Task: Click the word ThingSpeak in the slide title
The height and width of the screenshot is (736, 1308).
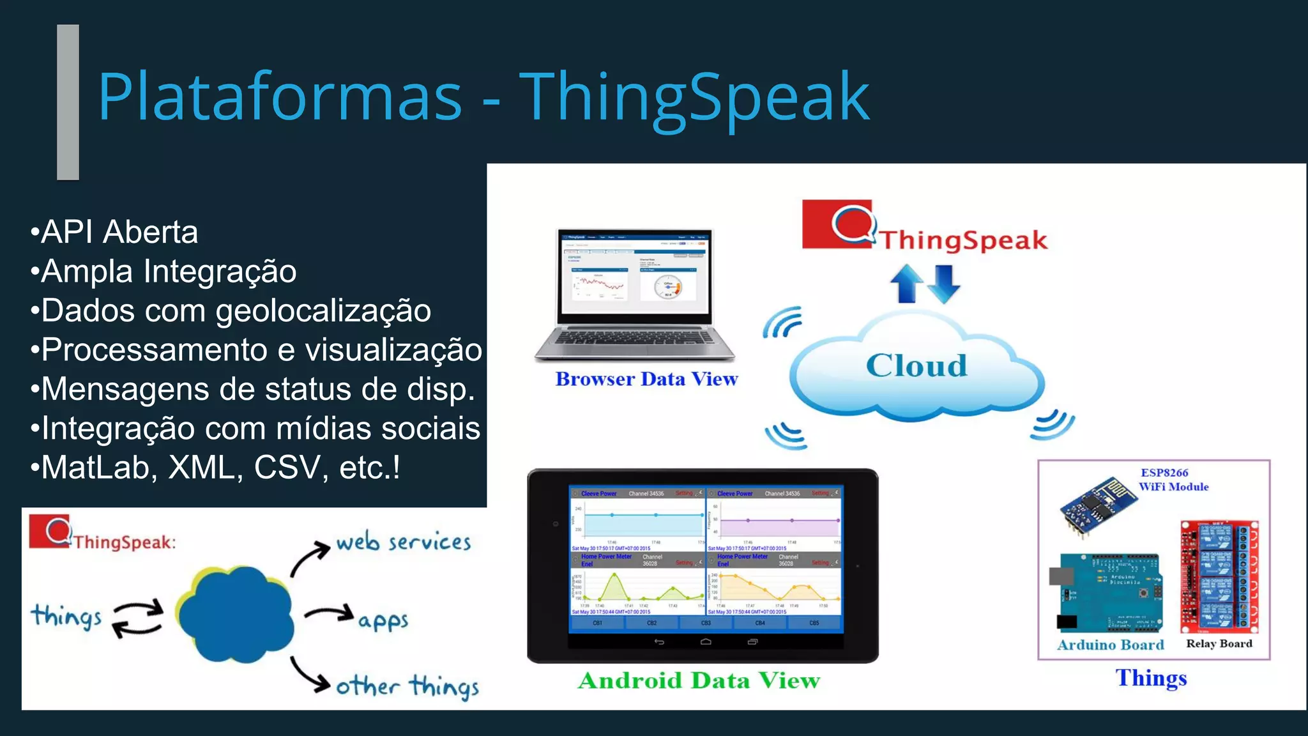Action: click(694, 98)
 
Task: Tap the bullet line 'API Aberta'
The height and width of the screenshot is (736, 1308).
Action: click(115, 232)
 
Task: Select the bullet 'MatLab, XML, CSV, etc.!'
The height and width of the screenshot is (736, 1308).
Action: click(216, 468)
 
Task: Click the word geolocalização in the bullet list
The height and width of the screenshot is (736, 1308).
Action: click(323, 311)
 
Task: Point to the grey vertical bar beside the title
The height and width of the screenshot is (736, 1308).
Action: click(68, 102)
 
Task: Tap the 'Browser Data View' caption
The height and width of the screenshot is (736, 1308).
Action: click(646, 379)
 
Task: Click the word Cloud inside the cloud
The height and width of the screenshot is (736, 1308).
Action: click(916, 366)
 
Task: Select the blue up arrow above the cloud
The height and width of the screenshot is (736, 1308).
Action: click(907, 283)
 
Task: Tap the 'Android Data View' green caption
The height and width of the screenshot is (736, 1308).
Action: click(699, 681)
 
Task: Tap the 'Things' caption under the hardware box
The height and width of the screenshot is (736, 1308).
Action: click(1151, 678)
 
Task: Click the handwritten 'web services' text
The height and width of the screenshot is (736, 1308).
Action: click(404, 542)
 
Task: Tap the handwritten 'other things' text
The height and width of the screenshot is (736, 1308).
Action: click(407, 687)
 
